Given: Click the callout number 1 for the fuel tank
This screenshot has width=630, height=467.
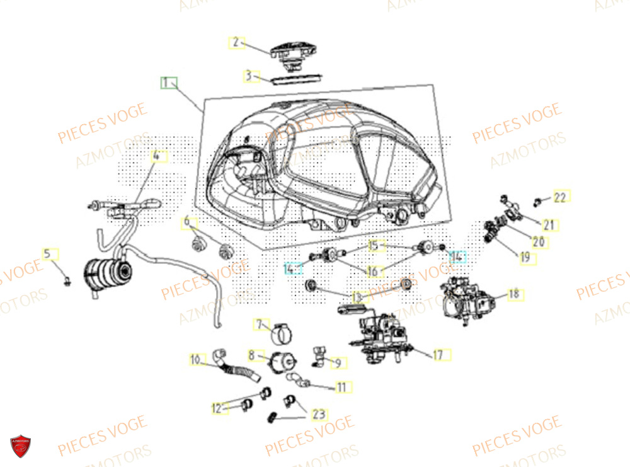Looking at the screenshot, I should (x=168, y=83).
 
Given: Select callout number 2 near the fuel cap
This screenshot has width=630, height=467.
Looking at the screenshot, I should (x=236, y=42).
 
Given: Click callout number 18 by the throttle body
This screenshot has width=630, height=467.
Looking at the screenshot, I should (x=515, y=294).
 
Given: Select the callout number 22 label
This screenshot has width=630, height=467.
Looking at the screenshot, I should (x=560, y=197).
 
